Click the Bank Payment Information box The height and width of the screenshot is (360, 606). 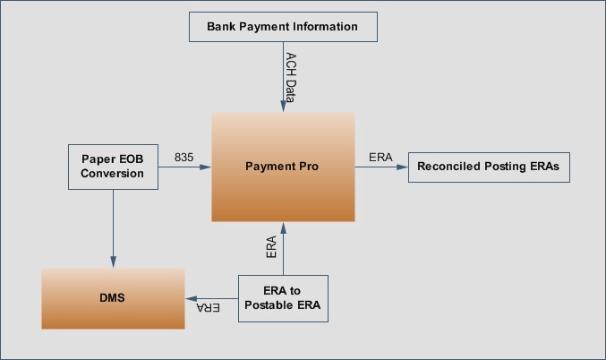[283, 27]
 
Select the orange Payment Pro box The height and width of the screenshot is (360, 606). [283, 167]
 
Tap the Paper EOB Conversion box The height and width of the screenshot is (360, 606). [113, 167]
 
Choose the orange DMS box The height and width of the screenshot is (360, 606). [113, 298]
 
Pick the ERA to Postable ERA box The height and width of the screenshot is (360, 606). [283, 298]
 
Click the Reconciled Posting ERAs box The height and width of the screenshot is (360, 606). [489, 167]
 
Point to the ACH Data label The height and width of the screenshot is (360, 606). [291, 77]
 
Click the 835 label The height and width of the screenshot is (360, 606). [184, 158]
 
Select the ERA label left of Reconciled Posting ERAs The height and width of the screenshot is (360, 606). [380, 158]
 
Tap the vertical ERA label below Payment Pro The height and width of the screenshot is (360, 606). [271, 247]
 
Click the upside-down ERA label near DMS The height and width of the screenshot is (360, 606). [209, 307]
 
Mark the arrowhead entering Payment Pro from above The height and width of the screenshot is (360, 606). [283, 107]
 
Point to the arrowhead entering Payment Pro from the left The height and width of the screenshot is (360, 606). [206, 167]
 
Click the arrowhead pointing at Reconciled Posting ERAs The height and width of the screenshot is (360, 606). [402, 167]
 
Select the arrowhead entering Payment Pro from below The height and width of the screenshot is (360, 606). [283, 228]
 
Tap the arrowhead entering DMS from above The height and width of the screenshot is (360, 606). [114, 262]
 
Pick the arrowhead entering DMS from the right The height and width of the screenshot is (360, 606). [192, 298]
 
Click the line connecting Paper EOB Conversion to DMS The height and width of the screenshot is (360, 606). [114, 228]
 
